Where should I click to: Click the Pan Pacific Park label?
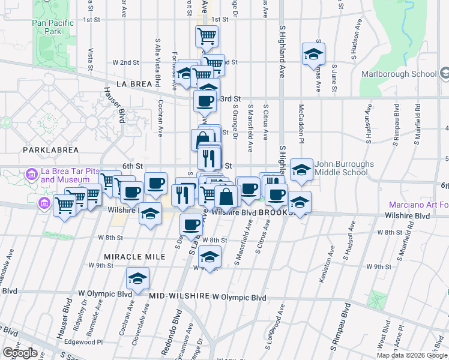tap(53, 26)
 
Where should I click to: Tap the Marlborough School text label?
tap(399, 74)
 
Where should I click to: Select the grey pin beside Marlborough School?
tap(444, 74)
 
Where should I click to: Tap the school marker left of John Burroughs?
tap(301, 170)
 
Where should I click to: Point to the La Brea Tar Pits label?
tap(70, 175)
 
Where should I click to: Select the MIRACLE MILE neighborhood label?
tap(134, 256)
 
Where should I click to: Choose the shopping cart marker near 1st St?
tap(206, 36)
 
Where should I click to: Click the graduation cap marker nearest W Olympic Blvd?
tap(137, 279)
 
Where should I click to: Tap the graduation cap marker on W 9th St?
tap(209, 257)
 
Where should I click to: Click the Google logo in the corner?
tap(20, 353)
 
